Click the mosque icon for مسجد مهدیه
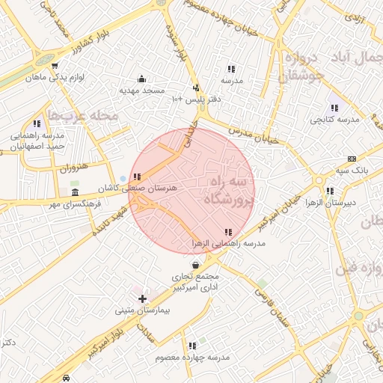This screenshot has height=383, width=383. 142,79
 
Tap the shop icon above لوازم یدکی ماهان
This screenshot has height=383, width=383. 55,66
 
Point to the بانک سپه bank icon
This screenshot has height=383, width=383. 352,159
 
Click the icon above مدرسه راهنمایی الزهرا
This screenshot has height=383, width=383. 227,233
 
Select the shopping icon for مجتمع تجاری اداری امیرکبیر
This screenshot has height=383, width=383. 195,265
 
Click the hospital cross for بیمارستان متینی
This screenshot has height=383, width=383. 143,299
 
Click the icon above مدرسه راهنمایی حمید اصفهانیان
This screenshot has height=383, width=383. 37,123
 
